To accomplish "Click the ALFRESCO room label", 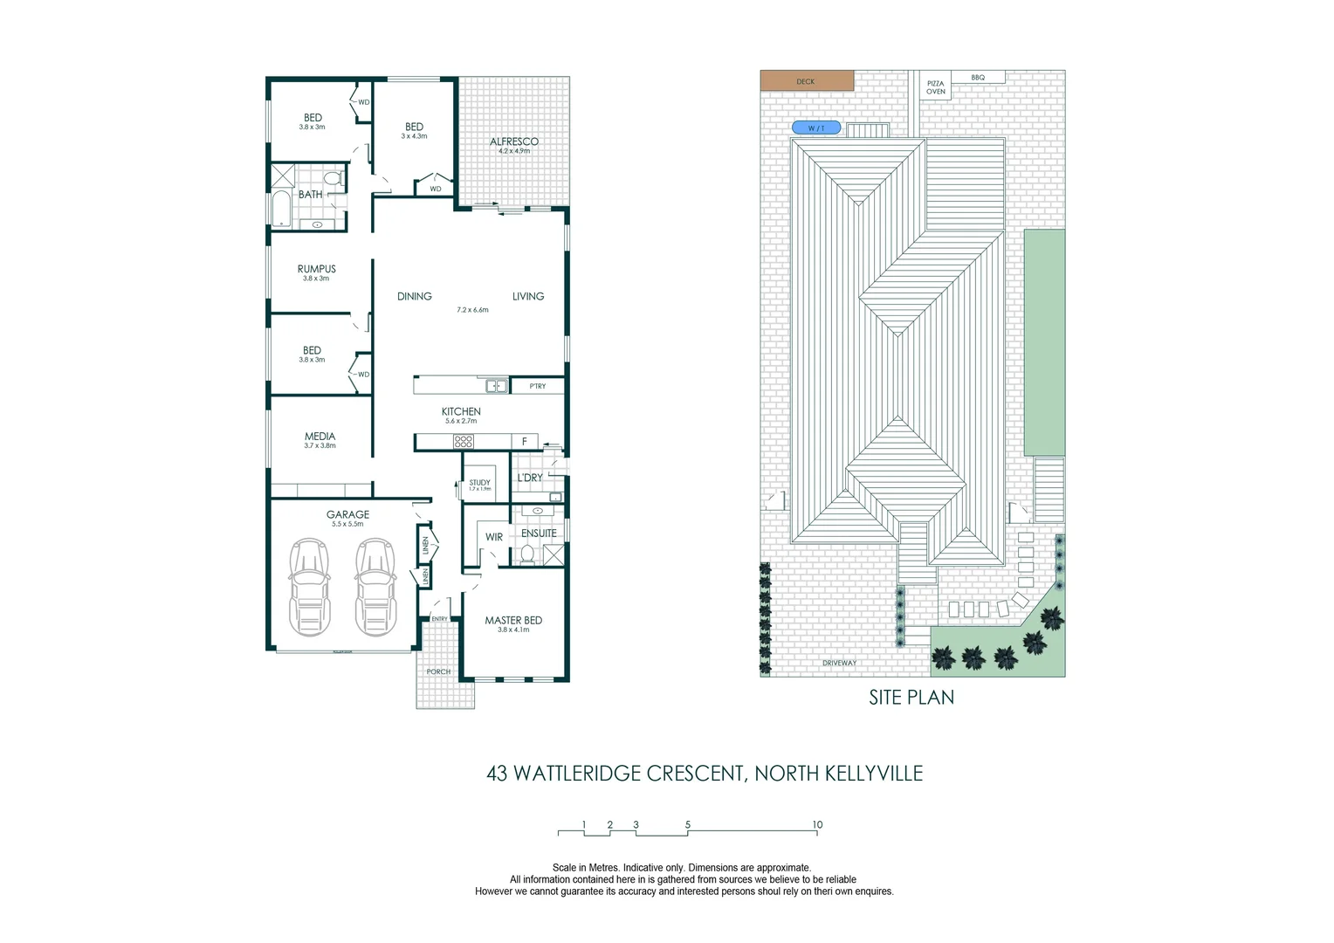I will [x=513, y=141].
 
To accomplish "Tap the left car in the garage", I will [x=310, y=587].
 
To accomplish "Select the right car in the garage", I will [x=375, y=587].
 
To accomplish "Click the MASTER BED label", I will [x=513, y=621].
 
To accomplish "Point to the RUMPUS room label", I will [x=316, y=269].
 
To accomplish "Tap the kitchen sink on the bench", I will [x=495, y=385].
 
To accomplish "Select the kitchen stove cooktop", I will [x=464, y=442].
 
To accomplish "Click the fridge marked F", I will [x=524, y=442].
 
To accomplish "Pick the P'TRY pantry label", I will [x=538, y=386].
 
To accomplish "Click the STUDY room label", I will [x=479, y=483].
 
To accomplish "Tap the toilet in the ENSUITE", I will [x=526, y=553].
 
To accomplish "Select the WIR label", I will [x=494, y=537].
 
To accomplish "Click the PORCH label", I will [x=438, y=671].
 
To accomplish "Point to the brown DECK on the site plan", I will [x=806, y=81].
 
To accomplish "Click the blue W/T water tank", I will [x=816, y=128].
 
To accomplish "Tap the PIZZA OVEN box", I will [x=935, y=87].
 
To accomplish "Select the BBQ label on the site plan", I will [x=978, y=78].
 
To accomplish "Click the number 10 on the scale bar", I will [x=817, y=825].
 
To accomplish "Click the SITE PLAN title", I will [x=911, y=698].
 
